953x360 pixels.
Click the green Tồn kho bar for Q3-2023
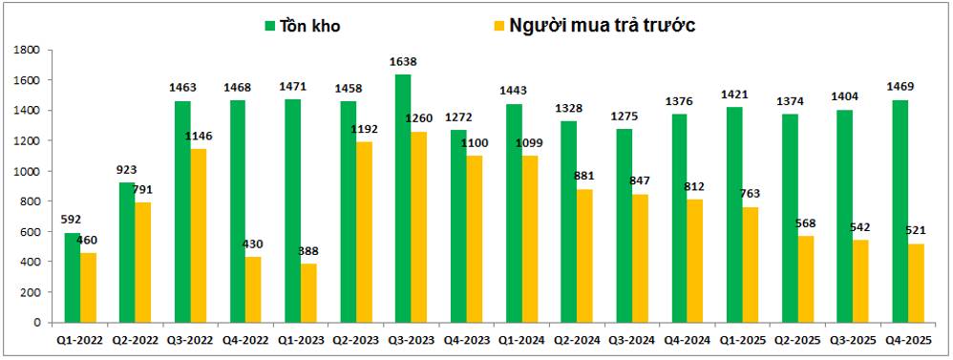pos(403,199)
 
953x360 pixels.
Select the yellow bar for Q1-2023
pos(308,293)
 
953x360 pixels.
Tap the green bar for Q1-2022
pos(73,277)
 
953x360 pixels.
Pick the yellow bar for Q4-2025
pos(916,283)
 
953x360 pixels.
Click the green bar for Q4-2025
pos(900,211)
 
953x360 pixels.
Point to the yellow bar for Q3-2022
pos(198,235)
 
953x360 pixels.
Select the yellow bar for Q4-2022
pos(253,289)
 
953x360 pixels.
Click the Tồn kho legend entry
pos(302,26)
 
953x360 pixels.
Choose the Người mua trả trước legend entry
pos(594,26)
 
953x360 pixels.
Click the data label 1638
pos(404,62)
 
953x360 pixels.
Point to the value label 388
pos(308,250)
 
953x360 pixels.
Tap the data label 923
pos(127,170)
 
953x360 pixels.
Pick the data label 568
pos(806,223)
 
